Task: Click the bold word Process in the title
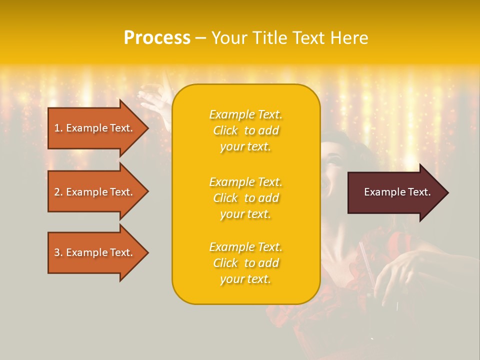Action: pyautogui.click(x=157, y=38)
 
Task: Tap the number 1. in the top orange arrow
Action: pyautogui.click(x=58, y=128)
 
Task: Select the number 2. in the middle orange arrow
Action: pyautogui.click(x=58, y=192)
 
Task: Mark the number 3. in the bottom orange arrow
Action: pyautogui.click(x=58, y=252)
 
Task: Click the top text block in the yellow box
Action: pyautogui.click(x=245, y=130)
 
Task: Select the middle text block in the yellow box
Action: pyautogui.click(x=245, y=198)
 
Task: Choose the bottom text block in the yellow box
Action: pyautogui.click(x=245, y=263)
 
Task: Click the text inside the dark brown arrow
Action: pyautogui.click(x=397, y=192)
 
